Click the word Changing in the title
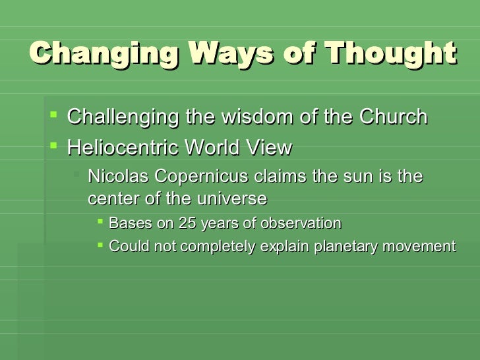104,53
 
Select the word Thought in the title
390,53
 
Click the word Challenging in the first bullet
123,117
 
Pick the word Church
394,117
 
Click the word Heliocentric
123,147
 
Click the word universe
232,198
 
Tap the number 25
187,223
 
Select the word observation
301,223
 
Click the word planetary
345,247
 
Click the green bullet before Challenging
53,115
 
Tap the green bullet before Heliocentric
53,146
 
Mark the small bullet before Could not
100,245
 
